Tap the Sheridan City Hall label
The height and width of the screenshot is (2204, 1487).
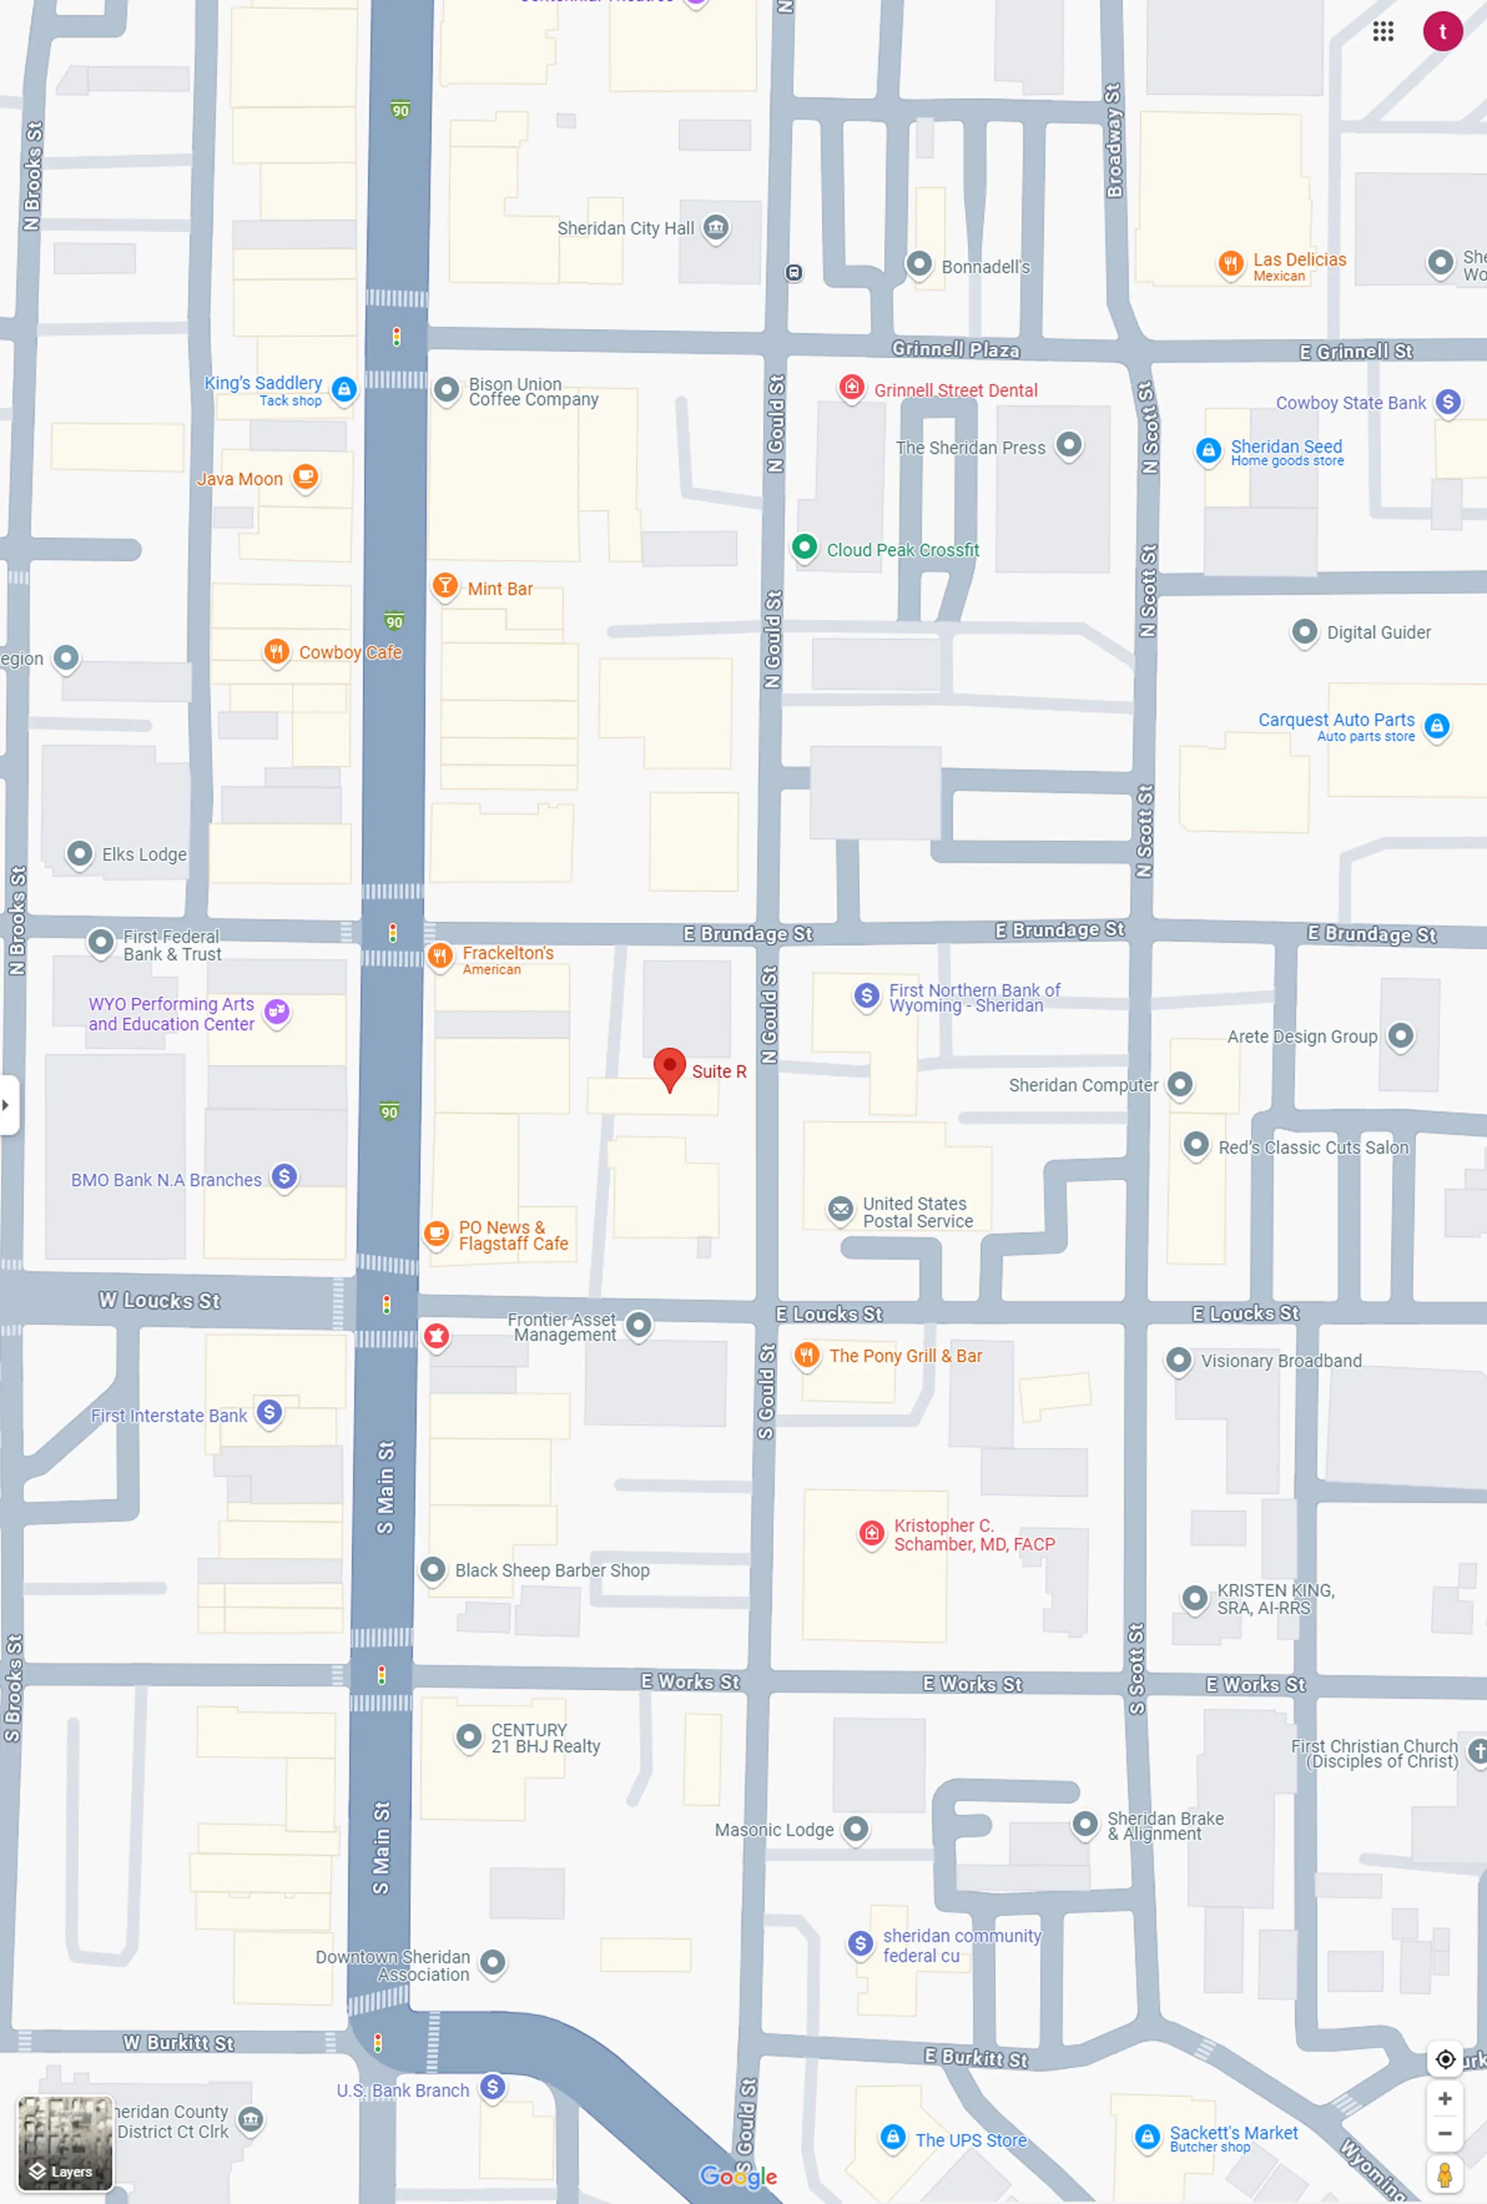(x=625, y=229)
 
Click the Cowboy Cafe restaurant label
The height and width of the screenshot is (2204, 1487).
(x=350, y=652)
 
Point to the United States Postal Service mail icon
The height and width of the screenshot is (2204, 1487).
(x=840, y=1210)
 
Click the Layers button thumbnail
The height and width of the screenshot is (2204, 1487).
(x=65, y=2143)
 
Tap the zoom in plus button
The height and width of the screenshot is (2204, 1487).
(x=1444, y=2098)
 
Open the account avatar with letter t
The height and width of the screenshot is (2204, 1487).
(x=1441, y=31)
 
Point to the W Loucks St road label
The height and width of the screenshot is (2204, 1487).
(x=159, y=1301)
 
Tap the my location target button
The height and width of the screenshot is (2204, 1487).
(x=1444, y=2059)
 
